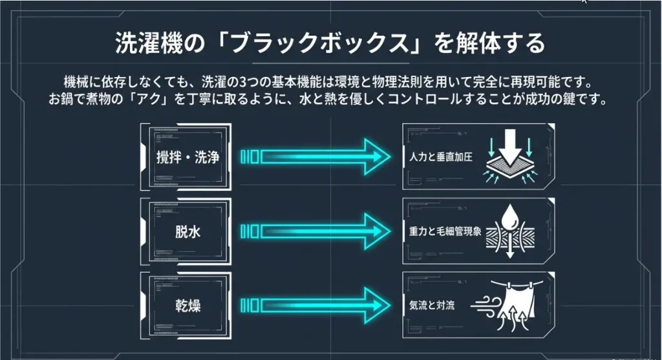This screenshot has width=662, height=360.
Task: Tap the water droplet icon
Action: point(511,218)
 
